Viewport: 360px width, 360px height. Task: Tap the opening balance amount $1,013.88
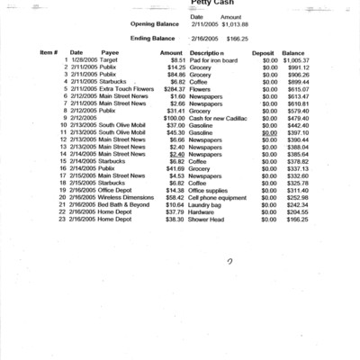pyautogui.click(x=232, y=24)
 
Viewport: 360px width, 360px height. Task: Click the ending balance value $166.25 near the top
pyautogui.click(x=238, y=40)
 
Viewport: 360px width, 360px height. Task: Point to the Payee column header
pyautogui.click(x=110, y=53)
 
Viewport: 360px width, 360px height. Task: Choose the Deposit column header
pyautogui.click(x=263, y=53)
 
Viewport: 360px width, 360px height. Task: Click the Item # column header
pyautogui.click(x=49, y=53)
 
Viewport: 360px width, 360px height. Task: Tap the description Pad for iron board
pyautogui.click(x=213, y=60)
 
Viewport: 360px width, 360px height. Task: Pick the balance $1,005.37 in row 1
pyautogui.click(x=295, y=60)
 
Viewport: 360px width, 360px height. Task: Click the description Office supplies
pyautogui.click(x=209, y=190)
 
